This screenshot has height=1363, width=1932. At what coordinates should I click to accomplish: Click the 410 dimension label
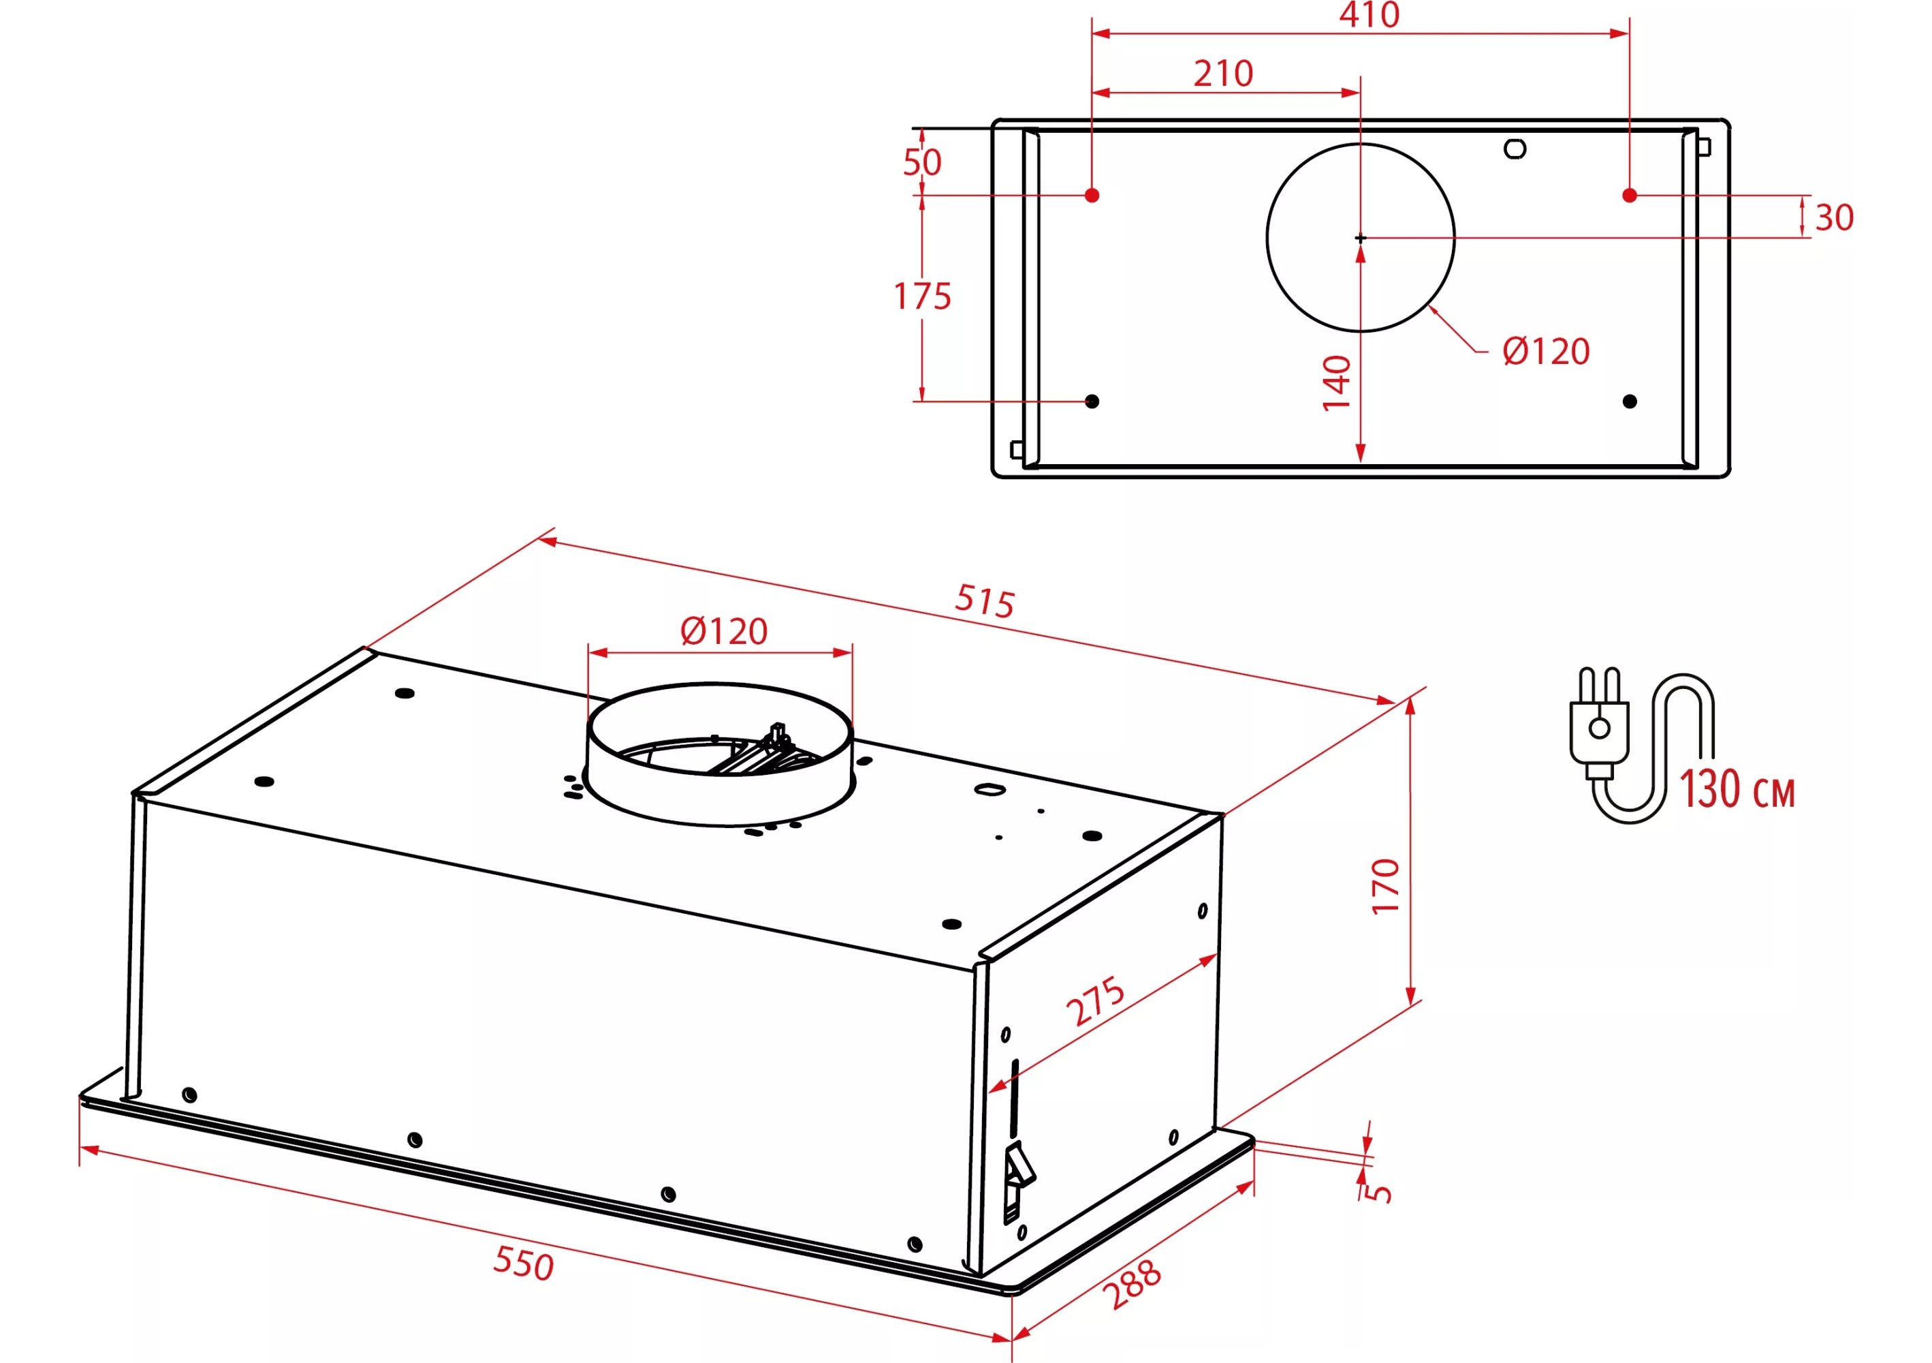click(1369, 14)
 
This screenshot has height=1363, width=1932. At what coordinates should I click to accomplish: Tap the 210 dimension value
click(1224, 74)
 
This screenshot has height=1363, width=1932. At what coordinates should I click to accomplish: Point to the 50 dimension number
click(922, 162)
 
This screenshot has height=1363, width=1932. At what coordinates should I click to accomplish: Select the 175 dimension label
click(922, 296)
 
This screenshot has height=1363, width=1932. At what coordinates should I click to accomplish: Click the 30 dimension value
click(1835, 218)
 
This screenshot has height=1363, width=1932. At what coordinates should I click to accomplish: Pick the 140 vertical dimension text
click(1336, 383)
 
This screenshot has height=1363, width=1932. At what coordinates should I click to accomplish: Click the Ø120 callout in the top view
click(1547, 351)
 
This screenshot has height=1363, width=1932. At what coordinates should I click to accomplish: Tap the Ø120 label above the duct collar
click(724, 631)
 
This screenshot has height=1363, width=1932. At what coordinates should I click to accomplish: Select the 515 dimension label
click(985, 601)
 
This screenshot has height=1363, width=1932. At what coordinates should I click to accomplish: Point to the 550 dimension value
click(524, 1263)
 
